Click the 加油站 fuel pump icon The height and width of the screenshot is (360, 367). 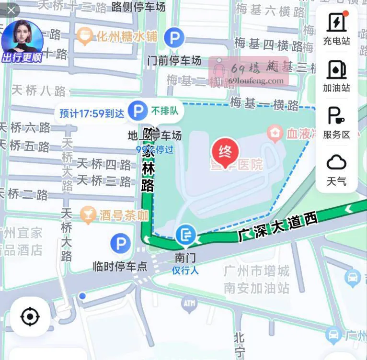(336, 69)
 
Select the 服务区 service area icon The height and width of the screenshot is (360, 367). (336, 116)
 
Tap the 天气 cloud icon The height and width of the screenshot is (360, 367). (336, 163)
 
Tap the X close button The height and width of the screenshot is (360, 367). (11, 10)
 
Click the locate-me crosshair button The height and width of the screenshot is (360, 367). (30, 316)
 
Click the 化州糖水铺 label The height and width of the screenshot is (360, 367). (127, 36)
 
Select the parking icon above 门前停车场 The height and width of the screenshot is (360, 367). (174, 37)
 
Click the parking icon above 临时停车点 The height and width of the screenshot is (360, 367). (120, 244)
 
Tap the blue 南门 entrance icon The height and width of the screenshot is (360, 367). (185, 236)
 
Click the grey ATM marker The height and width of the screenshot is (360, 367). (189, 303)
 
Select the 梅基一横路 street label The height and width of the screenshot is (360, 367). (264, 104)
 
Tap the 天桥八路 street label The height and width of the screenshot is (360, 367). (38, 90)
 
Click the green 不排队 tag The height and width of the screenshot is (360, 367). (164, 111)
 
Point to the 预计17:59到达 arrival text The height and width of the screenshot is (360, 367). (92, 113)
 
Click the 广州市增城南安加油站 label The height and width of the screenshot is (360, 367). (257, 280)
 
